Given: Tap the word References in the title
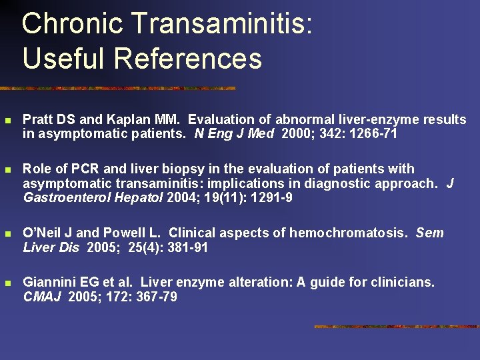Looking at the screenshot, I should coord(188,58).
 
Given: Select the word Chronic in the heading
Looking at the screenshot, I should coord(73,25).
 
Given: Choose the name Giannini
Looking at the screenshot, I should coord(49,283).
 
